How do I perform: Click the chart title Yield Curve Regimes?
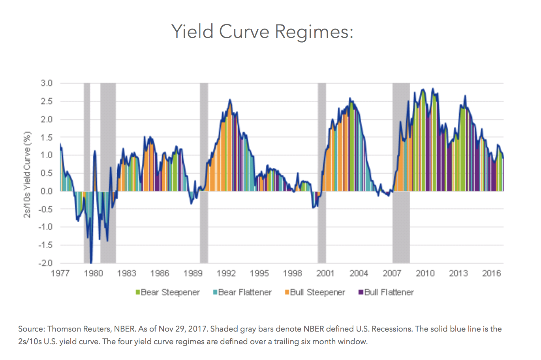pyautogui.click(x=262, y=32)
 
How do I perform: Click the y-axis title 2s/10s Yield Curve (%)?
pyautogui.click(x=27, y=174)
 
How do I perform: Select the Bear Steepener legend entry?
pyautogui.click(x=167, y=292)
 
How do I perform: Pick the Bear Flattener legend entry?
pyautogui.click(x=242, y=292)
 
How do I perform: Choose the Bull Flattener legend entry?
pyautogui.click(x=386, y=292)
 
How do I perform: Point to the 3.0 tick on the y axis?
pyautogui.click(x=46, y=83)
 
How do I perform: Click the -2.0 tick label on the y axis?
pyautogui.click(x=45, y=263)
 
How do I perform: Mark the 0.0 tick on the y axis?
pyautogui.click(x=46, y=191)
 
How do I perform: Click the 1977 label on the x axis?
pyautogui.click(x=60, y=273)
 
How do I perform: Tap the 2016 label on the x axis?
pyautogui.click(x=491, y=273)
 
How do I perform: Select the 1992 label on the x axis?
pyautogui.click(x=226, y=273)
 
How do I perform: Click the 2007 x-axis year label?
pyautogui.click(x=392, y=273)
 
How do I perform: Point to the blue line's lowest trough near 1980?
pyautogui.click(x=91, y=262)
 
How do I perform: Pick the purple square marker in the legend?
pyautogui.click(x=361, y=292)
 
